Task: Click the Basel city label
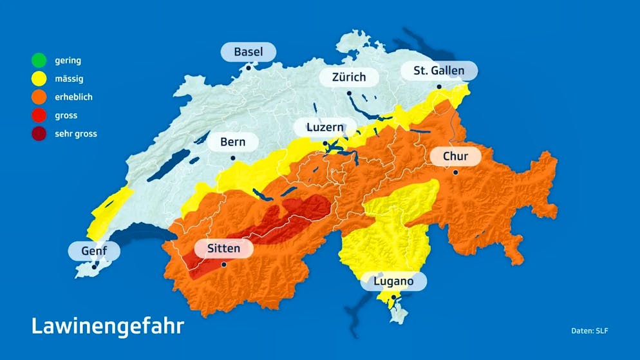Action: pos(248,52)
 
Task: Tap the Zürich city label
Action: pos(348,77)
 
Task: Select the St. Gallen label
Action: pos(439,70)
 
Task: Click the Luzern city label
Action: pos(325,127)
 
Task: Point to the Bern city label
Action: pos(232,142)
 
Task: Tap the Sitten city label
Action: pos(223,248)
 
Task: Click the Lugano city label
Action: pos(393,281)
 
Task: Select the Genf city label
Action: pos(94,251)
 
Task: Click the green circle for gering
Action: pos(39,61)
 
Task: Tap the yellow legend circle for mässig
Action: pos(39,79)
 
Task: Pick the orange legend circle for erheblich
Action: pos(39,97)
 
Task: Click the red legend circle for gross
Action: pos(39,116)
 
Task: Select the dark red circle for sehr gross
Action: pos(39,134)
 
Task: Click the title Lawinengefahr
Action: pos(107,325)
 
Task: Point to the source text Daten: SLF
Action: pos(589,331)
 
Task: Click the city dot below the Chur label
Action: pos(455,172)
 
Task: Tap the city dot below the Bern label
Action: pos(232,158)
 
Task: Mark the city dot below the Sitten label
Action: pos(223,264)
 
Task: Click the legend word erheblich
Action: pos(73,97)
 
